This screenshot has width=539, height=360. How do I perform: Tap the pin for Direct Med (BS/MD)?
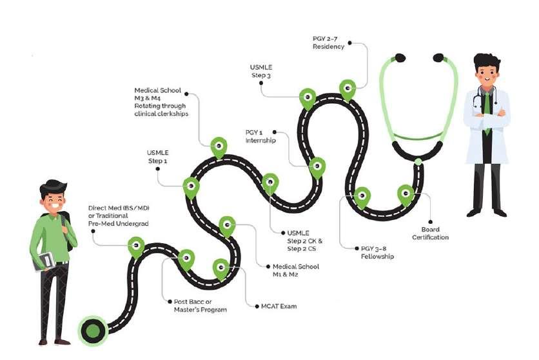(x=136, y=246)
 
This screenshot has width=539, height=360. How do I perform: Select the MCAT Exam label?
(x=279, y=306)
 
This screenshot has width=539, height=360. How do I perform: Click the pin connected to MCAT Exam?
(x=221, y=268)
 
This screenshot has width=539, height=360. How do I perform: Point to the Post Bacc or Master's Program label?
(x=201, y=305)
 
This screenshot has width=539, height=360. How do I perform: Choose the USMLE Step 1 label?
(x=157, y=157)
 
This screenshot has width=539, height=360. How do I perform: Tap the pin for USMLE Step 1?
(x=191, y=186)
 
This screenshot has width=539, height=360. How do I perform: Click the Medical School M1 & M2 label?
(x=296, y=270)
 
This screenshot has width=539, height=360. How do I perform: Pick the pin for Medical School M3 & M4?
(x=219, y=146)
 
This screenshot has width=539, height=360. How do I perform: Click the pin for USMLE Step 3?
(x=308, y=98)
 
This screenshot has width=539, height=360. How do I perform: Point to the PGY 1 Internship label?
(x=260, y=136)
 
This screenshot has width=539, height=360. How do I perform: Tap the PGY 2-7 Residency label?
(x=328, y=43)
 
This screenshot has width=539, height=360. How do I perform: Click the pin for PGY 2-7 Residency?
(x=348, y=89)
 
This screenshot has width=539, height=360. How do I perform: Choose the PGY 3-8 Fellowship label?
(x=377, y=252)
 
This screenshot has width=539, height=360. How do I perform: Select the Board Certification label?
(x=430, y=233)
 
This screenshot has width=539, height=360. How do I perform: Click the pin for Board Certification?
(x=406, y=194)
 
